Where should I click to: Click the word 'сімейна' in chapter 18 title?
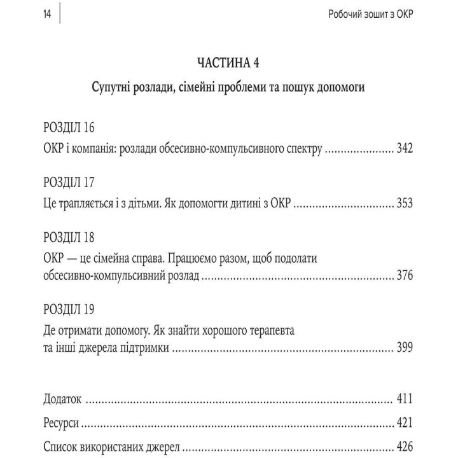click(122, 258)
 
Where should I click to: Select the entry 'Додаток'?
click(63, 399)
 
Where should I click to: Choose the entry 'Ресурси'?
click(62, 422)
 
